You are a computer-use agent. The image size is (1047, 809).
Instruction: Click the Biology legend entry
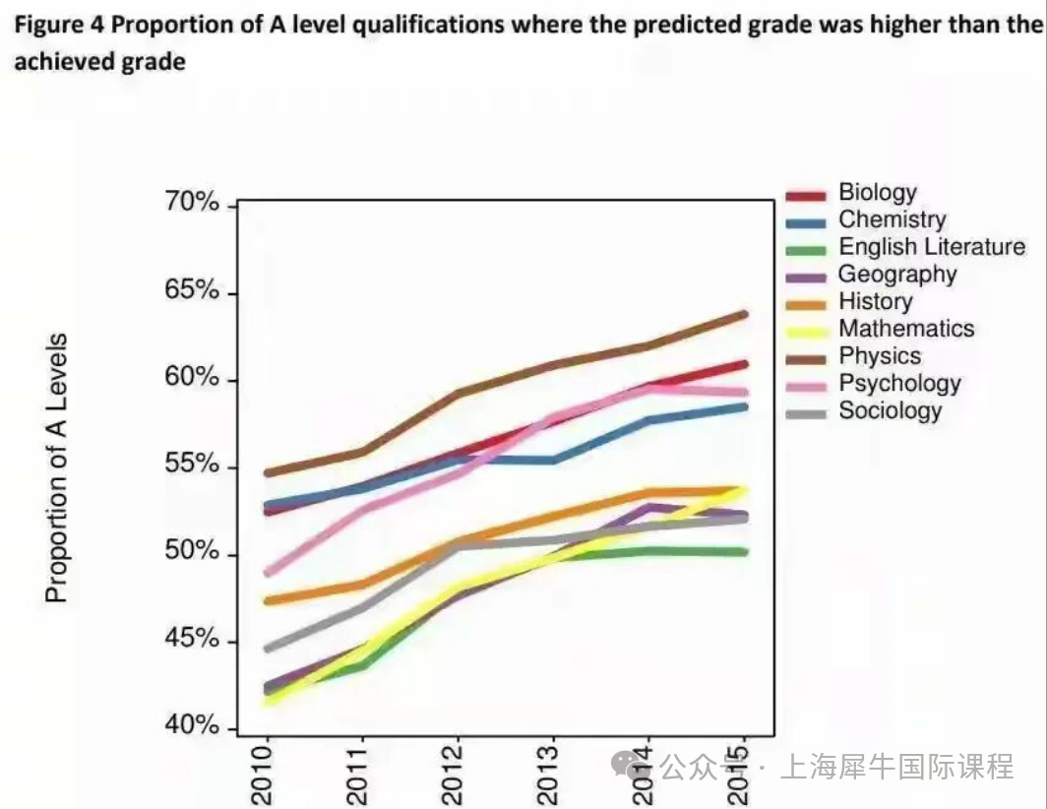click(877, 193)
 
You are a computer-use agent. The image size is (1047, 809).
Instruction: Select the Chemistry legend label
click(892, 220)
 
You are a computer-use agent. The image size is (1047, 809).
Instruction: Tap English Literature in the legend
click(931, 247)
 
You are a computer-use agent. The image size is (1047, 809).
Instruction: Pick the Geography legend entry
click(896, 275)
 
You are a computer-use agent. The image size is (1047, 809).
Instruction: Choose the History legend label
click(875, 302)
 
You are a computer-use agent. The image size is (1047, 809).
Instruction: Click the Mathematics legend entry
click(905, 329)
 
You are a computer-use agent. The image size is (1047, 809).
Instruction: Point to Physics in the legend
click(880, 356)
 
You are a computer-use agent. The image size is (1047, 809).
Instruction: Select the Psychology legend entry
click(899, 384)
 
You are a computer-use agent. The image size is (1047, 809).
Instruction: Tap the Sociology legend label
click(890, 411)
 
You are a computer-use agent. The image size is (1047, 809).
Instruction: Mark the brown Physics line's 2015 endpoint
click(744, 315)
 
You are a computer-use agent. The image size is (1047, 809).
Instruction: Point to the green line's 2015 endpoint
click(744, 552)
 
